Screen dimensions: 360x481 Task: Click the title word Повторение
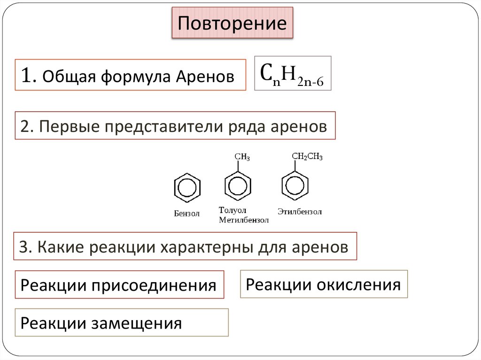(232, 23)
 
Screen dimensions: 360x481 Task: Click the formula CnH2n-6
(292, 74)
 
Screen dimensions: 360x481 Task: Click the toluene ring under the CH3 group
(239, 186)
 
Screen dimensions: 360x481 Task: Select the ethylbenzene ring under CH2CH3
(295, 186)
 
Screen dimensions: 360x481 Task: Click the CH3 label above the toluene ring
(242, 157)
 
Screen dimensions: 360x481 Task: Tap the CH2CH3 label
(307, 157)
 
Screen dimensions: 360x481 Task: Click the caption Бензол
(186, 214)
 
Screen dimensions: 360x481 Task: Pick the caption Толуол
(233, 210)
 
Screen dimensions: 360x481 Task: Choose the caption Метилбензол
(244, 220)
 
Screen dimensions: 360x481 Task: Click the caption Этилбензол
(299, 212)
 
